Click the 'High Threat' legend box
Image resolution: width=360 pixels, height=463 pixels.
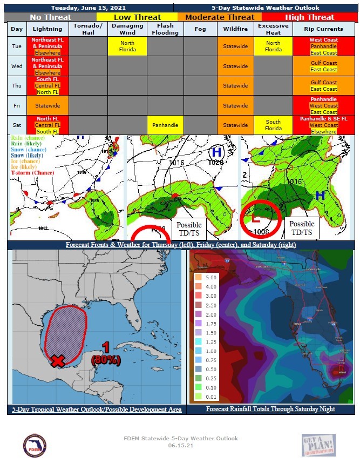[x=309, y=17]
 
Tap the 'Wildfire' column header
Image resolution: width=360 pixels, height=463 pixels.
[x=235, y=29]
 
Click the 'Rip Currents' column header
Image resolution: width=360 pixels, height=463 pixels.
[x=323, y=29]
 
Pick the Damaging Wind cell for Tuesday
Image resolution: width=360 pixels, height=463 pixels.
[x=127, y=46]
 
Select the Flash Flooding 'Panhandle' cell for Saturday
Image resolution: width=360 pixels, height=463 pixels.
[x=165, y=125]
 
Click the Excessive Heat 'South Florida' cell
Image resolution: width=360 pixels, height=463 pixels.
[x=273, y=125]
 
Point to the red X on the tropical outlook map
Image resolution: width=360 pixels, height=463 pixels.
[x=57, y=361]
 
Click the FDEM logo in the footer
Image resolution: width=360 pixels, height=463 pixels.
[x=35, y=445]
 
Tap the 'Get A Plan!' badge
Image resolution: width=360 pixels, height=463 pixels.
[x=318, y=445]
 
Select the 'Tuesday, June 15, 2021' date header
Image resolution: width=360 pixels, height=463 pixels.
[x=90, y=8]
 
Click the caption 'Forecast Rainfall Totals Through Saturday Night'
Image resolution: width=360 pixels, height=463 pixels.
[x=270, y=409]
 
